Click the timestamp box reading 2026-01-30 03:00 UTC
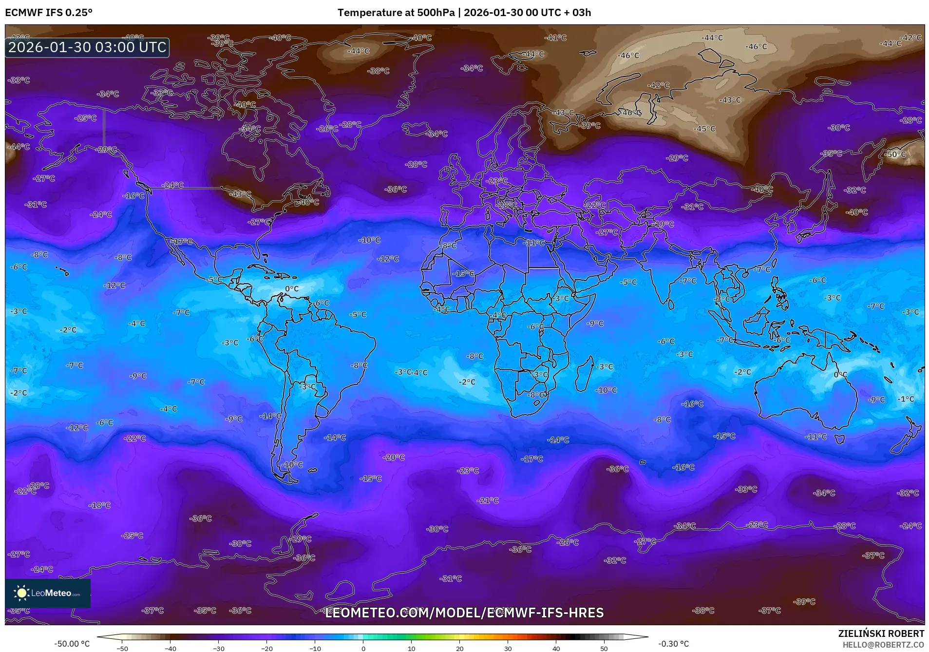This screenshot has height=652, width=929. pos(87,47)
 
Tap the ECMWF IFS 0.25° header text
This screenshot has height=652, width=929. pos(49,13)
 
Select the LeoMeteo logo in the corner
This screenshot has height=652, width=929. pos(47,593)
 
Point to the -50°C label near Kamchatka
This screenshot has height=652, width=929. pos(895,154)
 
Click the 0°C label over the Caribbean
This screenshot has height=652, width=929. pos(292,289)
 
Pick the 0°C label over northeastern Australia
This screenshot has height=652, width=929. pos(840,375)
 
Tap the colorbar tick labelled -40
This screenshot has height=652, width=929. pos(171,648)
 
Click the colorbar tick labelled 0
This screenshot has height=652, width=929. pos(363,648)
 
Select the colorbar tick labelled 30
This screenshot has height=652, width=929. pos(508,648)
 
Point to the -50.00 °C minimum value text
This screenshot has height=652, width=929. pos(72,644)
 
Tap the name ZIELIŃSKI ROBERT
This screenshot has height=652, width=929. pos(881,634)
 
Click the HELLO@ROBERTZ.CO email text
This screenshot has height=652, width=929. pos(883,645)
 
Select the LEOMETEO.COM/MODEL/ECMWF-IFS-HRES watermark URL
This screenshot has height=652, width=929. pos(464,613)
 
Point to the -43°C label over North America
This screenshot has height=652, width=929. pos(240,194)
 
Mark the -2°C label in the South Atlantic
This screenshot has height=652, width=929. pos(467,382)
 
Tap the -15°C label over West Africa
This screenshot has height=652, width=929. pos(463,274)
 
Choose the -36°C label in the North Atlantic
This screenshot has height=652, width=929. pos(395,189)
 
